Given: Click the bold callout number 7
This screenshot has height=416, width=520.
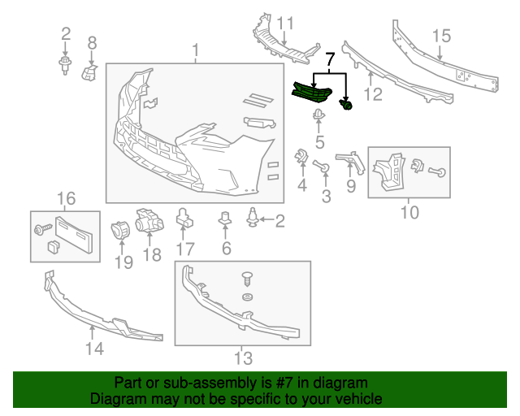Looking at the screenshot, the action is point(331,59).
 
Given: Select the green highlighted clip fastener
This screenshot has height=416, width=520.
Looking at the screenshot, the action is point(345,105).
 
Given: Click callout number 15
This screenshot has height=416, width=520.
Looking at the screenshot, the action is point(442,36).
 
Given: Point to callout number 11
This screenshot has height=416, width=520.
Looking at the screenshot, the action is point(285,24).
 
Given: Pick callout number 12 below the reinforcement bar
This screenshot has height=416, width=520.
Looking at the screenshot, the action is point(374,94).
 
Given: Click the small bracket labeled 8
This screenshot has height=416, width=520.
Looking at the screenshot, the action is point(89,72).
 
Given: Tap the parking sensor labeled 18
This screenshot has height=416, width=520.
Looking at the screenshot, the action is point(149,220).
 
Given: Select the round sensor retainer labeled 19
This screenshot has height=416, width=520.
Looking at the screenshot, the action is point(120,231).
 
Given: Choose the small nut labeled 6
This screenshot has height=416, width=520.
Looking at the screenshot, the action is point(225,218).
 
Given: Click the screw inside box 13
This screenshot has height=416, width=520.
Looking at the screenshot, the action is point(247,279).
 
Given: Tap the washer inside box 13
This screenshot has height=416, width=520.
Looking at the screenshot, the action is point(247,297).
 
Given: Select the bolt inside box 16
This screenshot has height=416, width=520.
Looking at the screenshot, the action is point(43,229).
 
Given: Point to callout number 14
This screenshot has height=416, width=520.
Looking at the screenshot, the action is point(94,349).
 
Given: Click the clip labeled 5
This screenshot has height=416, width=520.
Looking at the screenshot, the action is point(318,115).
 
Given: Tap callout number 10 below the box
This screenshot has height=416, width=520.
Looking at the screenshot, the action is point(409,212).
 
